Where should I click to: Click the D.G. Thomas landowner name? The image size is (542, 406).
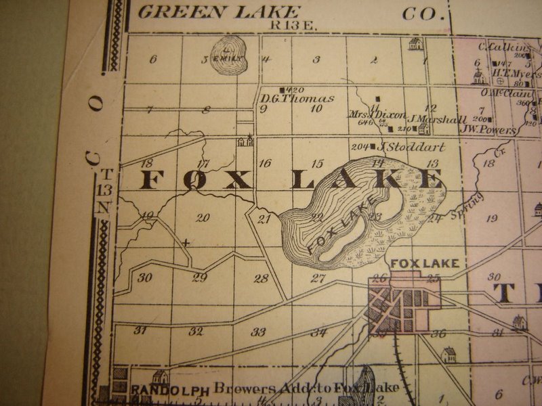tap(297, 99)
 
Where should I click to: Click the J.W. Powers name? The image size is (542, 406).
tap(488, 129)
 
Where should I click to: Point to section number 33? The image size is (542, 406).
tap(258, 332)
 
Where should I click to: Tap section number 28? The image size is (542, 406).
tap(261, 278)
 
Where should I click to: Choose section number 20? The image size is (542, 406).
tap(203, 218)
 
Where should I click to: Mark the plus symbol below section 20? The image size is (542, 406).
tap(185, 241)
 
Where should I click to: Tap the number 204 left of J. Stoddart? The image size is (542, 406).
tap(359, 146)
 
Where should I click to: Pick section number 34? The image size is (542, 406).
tap(318, 332)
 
